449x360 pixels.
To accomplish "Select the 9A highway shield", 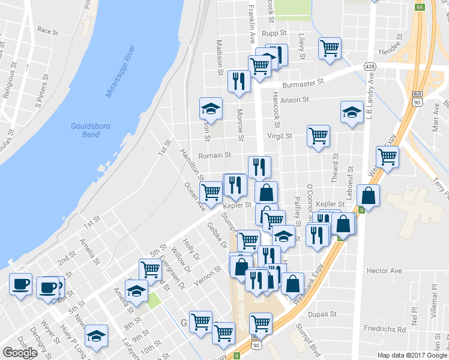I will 420,7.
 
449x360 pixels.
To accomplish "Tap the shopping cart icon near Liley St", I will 330,49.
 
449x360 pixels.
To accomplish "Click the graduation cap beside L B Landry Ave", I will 352,112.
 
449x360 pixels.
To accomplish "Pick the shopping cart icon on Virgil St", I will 318,134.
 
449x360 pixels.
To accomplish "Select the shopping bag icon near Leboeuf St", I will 368,195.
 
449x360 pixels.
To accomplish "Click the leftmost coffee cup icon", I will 20,284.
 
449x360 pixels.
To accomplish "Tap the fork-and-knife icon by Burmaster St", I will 240,81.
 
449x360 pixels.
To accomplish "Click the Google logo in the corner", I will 20,353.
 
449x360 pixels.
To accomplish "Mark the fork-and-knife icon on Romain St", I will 259,166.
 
